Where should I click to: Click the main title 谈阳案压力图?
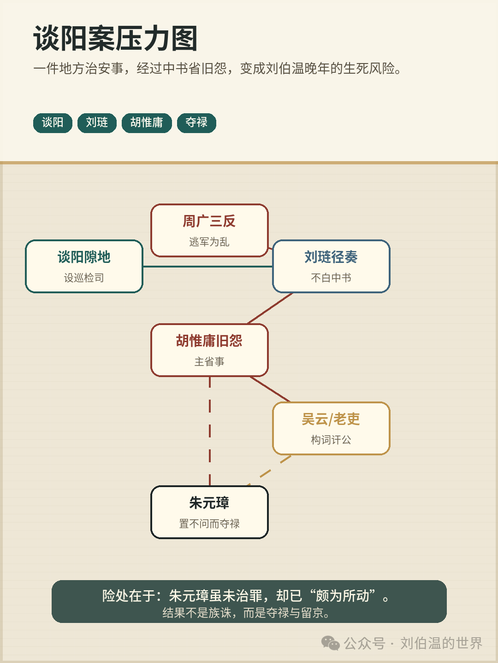coord(115,38)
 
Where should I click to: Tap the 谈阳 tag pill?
coord(53,123)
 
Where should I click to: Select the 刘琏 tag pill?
coord(97,123)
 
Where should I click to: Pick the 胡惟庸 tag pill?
coord(147,123)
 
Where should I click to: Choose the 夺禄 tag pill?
coord(196,123)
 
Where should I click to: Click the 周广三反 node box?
coord(209,231)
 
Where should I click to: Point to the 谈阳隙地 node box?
coord(84,267)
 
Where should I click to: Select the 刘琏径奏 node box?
coord(331,267)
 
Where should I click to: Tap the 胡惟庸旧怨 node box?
coord(209,350)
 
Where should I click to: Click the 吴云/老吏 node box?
coord(331,428)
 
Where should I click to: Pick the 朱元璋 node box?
coord(209,512)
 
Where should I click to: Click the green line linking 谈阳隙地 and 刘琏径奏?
coord(207,267)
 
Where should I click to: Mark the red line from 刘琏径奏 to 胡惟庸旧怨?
coord(270,308)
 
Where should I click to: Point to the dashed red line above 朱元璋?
coord(209,431)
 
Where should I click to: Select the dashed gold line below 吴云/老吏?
coord(269,470)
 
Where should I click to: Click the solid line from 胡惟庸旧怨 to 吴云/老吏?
coord(270,389)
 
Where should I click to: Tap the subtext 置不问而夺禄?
coord(209,524)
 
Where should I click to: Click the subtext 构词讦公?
coord(331,440)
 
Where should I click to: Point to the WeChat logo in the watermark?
coord(330,643)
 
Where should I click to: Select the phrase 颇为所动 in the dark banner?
coord(342,596)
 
